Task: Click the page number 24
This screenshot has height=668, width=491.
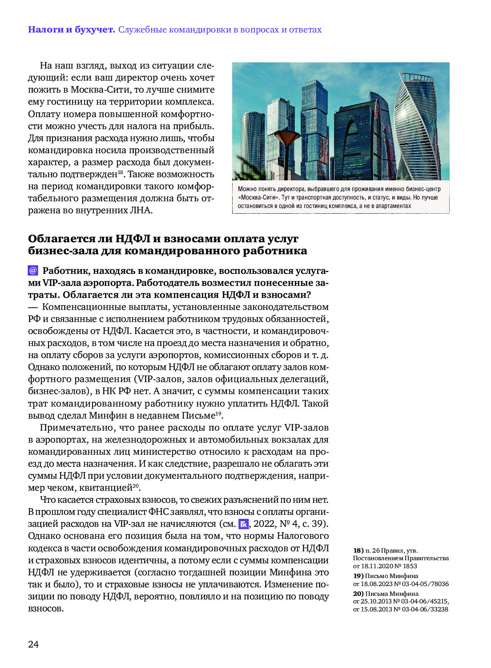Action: click(33, 644)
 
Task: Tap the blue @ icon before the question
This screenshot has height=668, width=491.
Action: click(33, 270)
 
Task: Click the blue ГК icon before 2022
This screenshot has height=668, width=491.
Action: click(243, 524)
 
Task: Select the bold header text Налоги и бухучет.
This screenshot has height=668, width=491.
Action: click(71, 30)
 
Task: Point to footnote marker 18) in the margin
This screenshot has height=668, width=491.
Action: click(358, 550)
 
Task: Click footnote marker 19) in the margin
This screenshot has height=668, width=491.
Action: click(358, 576)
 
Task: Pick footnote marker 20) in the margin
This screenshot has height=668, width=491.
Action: click(358, 594)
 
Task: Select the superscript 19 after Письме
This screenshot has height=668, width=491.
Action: click(218, 414)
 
